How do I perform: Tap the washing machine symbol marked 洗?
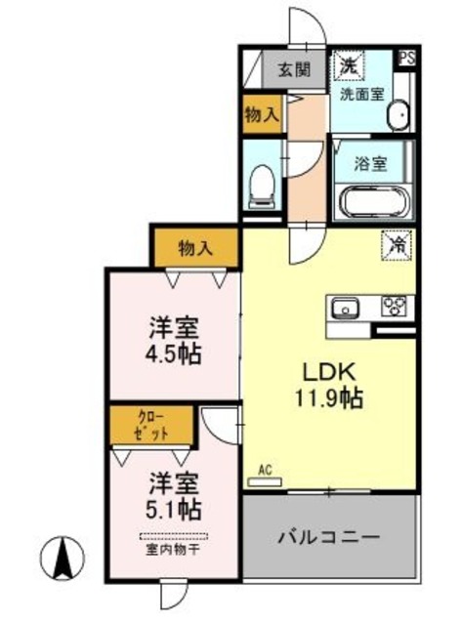click(x=348, y=66)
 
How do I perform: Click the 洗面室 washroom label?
click(x=360, y=95)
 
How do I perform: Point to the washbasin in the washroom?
click(x=399, y=115)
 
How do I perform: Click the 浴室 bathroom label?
click(x=371, y=162)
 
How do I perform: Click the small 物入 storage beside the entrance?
click(x=261, y=112)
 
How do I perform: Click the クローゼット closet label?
click(x=151, y=425)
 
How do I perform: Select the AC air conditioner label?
click(x=264, y=470)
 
